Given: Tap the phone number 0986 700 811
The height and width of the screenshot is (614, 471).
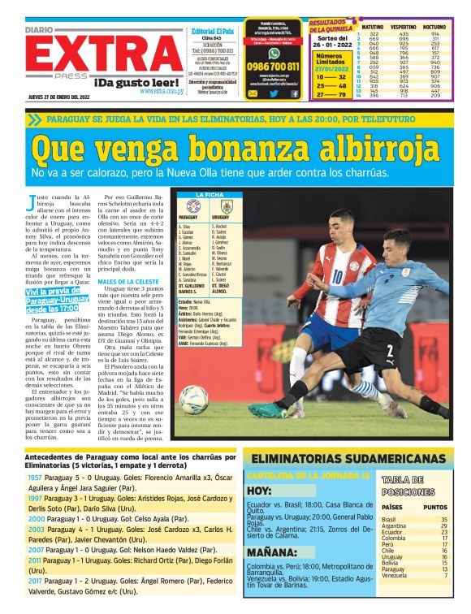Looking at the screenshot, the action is click(x=271, y=66).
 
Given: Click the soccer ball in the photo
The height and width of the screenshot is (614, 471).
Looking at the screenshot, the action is click(x=194, y=399).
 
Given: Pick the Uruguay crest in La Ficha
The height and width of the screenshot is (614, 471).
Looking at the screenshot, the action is click(x=227, y=206).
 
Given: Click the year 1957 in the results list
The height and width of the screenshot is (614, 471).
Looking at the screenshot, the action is click(x=35, y=478).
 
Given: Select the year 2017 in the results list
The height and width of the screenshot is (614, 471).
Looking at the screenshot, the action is click(x=35, y=581).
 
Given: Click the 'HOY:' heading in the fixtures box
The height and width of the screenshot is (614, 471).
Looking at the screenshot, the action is click(x=259, y=491).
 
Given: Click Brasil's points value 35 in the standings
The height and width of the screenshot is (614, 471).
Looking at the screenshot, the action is click(x=444, y=519).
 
